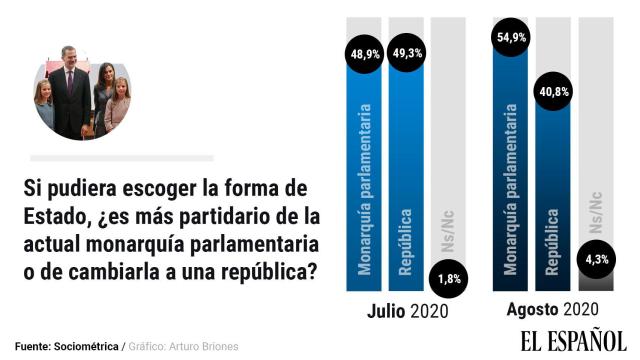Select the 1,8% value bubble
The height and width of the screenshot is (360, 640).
(x=449, y=278)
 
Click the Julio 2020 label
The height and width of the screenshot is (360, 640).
(x=407, y=311)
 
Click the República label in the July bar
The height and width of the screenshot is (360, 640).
(x=407, y=240)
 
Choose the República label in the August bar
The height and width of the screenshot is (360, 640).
(x=553, y=240)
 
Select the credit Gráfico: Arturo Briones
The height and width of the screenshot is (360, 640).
(x=184, y=346)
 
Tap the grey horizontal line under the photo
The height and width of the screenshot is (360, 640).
(x=122, y=158)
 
